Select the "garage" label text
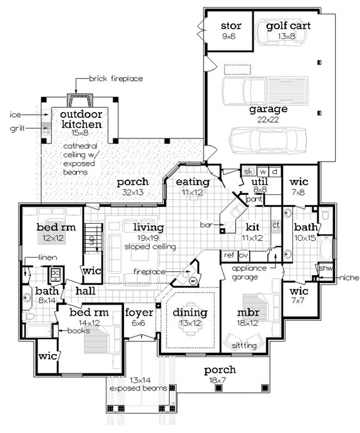coord(269,110)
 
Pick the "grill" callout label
coord(17,130)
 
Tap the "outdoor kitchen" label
coord(81,120)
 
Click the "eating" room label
coord(188,182)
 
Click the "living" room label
coord(144,227)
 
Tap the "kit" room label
coord(252,227)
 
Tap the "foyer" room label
coord(136,313)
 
